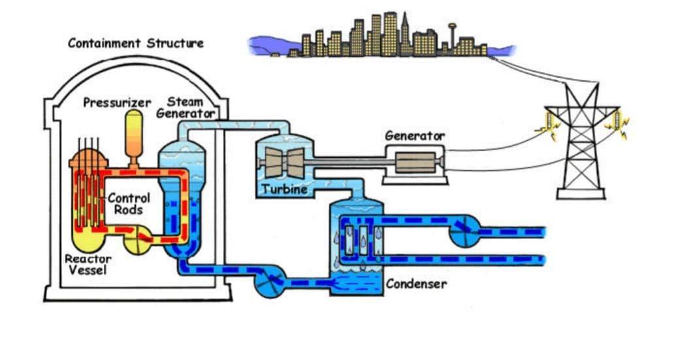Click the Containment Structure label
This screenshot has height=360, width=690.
(135, 43)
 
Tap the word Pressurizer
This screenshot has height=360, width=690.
(117, 103)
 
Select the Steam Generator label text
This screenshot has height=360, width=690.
(186, 108)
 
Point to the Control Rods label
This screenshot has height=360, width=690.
(128, 203)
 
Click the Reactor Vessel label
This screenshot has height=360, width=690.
(88, 265)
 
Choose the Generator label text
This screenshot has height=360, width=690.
(414, 136)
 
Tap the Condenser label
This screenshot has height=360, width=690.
(416, 284)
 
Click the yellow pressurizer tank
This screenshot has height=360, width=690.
(134, 131)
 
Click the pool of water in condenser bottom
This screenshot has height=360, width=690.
(356, 282)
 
